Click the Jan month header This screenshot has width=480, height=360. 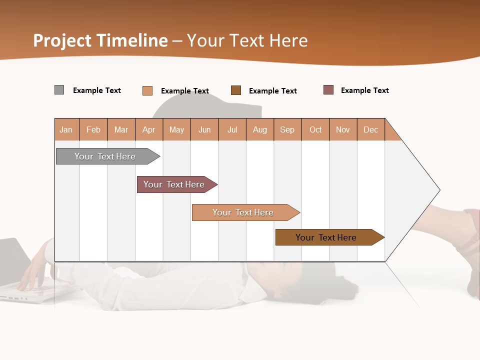pyautogui.click(x=66, y=129)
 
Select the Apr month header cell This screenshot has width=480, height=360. pyautogui.click(x=149, y=129)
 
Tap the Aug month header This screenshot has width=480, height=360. pyautogui.click(x=260, y=129)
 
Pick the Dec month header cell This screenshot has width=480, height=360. pyautogui.click(x=371, y=129)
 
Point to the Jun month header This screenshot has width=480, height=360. pyautogui.click(x=204, y=129)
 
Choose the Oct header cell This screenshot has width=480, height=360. pyautogui.click(x=315, y=129)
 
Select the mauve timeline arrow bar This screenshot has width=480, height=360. pyautogui.click(x=175, y=184)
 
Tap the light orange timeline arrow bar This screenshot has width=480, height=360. pyautogui.click(x=244, y=212)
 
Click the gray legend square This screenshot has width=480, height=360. pyautogui.click(x=59, y=90)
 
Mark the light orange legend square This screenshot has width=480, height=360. pyautogui.click(x=147, y=90)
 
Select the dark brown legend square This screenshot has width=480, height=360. pyautogui.click(x=236, y=90)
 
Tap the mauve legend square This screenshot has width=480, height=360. pyautogui.click(x=328, y=90)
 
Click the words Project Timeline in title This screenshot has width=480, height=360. pyautogui.click(x=100, y=40)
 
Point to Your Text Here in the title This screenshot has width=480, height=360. pyautogui.click(x=247, y=40)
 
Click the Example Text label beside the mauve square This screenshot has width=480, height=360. pyautogui.click(x=364, y=90)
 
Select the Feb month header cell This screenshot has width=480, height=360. pyautogui.click(x=93, y=129)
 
